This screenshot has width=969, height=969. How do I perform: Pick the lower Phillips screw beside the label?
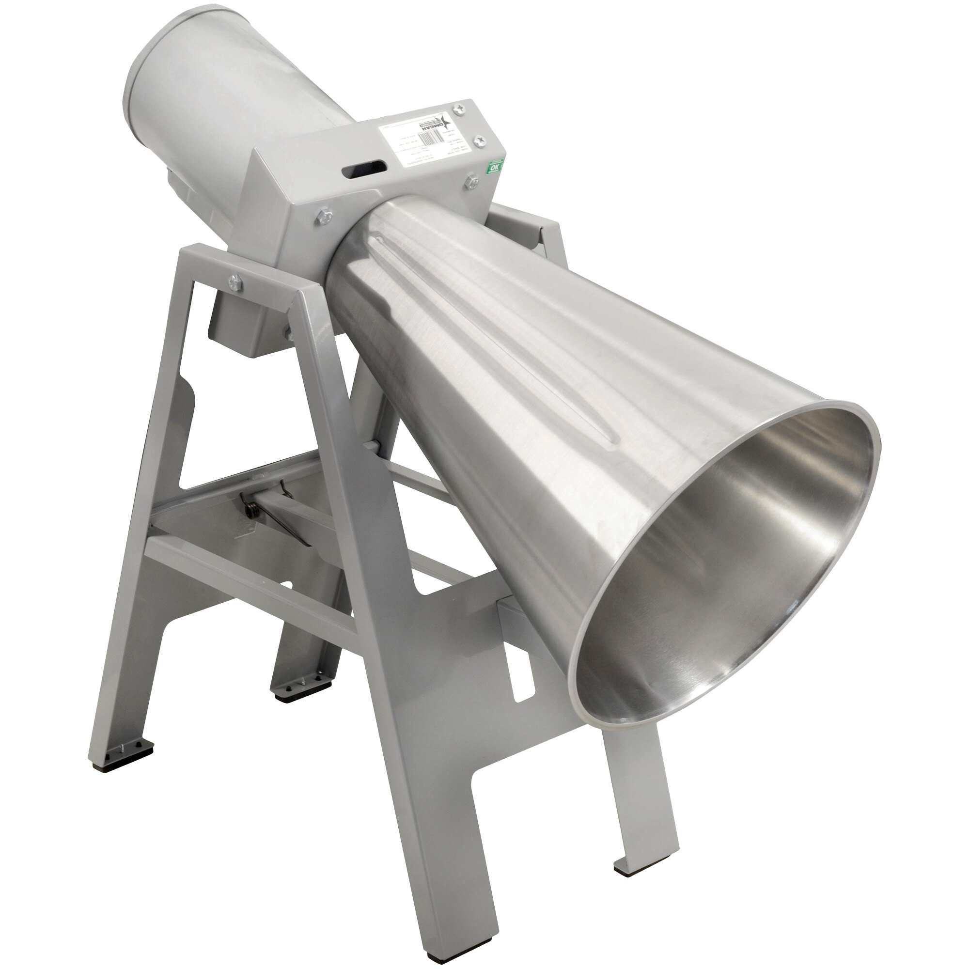click(x=479, y=141)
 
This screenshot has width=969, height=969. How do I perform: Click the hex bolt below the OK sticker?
click(x=470, y=182)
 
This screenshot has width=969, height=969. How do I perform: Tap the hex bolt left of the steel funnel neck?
click(x=322, y=217)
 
